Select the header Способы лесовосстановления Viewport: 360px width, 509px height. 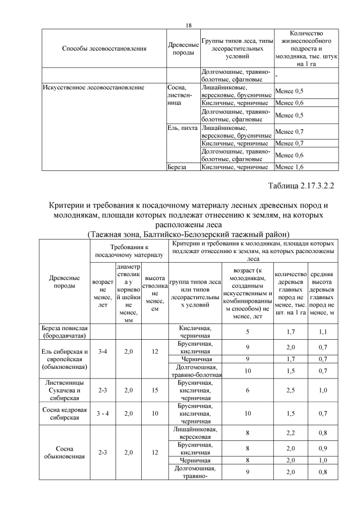[104, 49]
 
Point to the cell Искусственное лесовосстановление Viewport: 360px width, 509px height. [93, 87]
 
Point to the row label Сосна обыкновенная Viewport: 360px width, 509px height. [65, 453]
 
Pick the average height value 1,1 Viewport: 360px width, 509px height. [323, 332]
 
